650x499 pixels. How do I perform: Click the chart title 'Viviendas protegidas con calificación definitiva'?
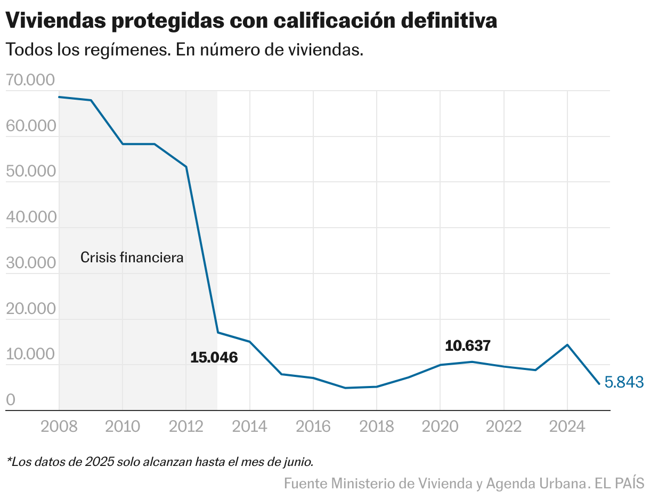(251, 21)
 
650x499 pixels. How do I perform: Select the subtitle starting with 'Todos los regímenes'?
(184, 50)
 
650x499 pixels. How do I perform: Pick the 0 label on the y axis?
(11, 400)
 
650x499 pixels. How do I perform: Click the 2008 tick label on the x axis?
(59, 426)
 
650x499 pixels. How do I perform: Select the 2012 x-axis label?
(186, 426)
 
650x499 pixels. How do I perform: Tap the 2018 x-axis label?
(377, 426)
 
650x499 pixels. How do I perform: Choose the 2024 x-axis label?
(567, 426)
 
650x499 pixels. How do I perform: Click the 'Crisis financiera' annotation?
(132, 257)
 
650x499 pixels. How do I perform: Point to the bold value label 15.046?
(214, 358)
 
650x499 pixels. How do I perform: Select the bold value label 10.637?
(467, 346)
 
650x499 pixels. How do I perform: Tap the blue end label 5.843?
(624, 382)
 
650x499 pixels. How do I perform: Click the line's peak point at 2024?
(567, 345)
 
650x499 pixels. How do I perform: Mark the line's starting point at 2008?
(59, 97)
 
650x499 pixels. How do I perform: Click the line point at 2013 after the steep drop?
(218, 333)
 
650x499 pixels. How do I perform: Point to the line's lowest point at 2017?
(345, 388)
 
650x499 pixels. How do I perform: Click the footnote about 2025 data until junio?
(160, 461)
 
